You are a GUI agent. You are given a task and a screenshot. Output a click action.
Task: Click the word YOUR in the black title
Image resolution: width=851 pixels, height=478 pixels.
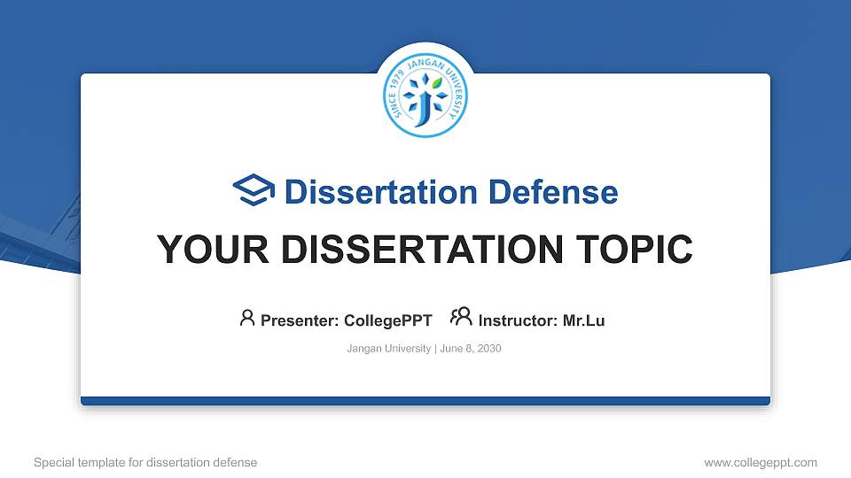pyautogui.click(x=203, y=250)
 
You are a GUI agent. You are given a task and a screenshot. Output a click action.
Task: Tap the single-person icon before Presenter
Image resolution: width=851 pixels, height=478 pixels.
pyautogui.click(x=247, y=318)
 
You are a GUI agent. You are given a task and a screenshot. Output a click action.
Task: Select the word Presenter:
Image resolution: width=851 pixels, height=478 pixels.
pyautogui.click(x=299, y=320)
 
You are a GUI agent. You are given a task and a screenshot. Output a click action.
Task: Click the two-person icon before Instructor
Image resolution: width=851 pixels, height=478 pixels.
pyautogui.click(x=461, y=318)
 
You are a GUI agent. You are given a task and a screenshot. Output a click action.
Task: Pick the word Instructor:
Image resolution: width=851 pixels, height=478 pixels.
pyautogui.click(x=518, y=320)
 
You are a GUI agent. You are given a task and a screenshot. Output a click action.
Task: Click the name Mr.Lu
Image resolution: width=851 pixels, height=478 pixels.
pyautogui.click(x=584, y=320)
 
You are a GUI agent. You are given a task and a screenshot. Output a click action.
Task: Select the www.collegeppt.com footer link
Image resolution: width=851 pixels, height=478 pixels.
pyautogui.click(x=760, y=462)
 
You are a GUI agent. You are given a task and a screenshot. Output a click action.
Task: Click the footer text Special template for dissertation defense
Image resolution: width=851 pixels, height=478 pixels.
pyautogui.click(x=145, y=462)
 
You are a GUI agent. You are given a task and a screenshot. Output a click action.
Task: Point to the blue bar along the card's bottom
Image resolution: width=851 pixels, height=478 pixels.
pyautogui.click(x=425, y=401)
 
